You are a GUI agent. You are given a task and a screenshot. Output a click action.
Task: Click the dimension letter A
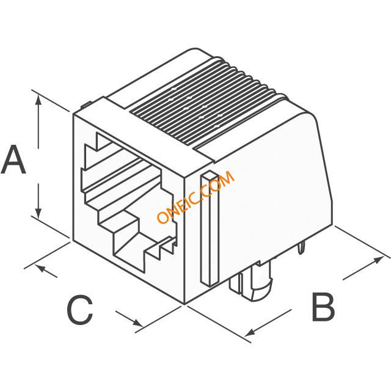coord(13,159)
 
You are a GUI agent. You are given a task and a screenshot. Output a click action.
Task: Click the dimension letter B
coord(323,307)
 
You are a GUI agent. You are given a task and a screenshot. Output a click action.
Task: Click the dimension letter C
coord(79,310)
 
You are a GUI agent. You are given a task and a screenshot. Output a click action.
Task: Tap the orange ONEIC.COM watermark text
coord(195,197)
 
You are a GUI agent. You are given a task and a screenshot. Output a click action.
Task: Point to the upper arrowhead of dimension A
coord(38,100)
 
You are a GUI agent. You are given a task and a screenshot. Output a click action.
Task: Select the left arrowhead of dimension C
coord(41,269)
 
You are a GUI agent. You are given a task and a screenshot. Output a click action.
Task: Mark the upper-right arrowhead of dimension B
coord(378,260)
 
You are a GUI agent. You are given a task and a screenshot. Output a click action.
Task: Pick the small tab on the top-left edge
coord(86,104)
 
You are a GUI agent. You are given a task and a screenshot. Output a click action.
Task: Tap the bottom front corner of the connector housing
coord(185,304)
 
